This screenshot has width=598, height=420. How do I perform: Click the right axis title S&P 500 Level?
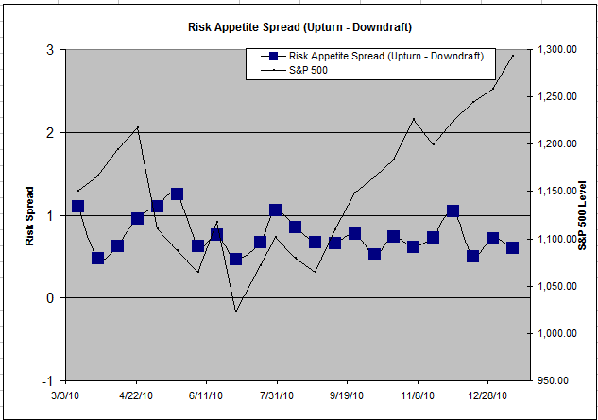pos(582,215)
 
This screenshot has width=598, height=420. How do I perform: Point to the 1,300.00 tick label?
pos(556,50)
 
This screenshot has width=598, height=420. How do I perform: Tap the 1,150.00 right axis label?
pos(556,192)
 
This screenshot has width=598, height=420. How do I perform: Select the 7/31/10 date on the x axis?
pos(276,396)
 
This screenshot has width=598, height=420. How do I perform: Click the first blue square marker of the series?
pos(77,206)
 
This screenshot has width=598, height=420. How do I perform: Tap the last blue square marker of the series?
pos(512,247)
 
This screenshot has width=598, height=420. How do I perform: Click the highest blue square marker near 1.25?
pos(177,193)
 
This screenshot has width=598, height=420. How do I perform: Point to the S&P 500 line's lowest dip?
pos(236,311)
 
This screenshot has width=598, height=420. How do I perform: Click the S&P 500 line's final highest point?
pos(513,55)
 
